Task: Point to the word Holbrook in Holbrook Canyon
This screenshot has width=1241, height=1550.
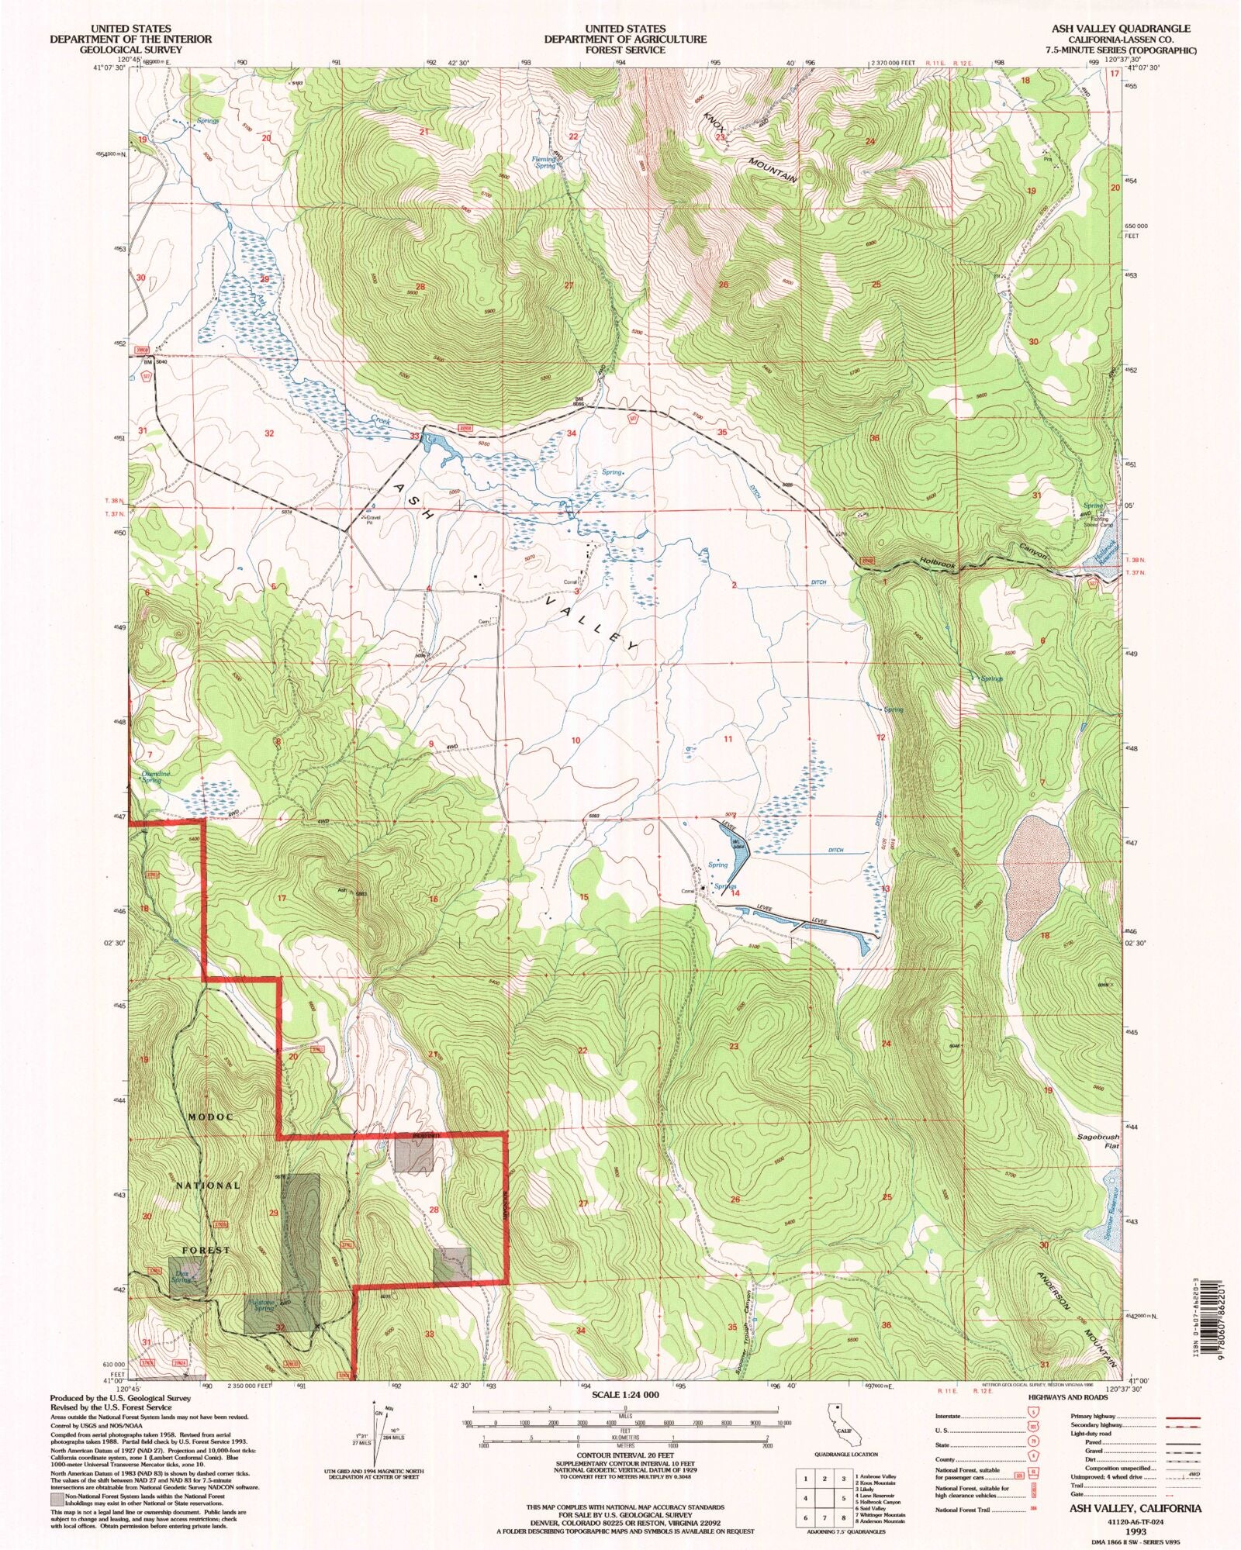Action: click(x=939, y=565)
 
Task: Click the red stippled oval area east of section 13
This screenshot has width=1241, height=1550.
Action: click(x=1032, y=875)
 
